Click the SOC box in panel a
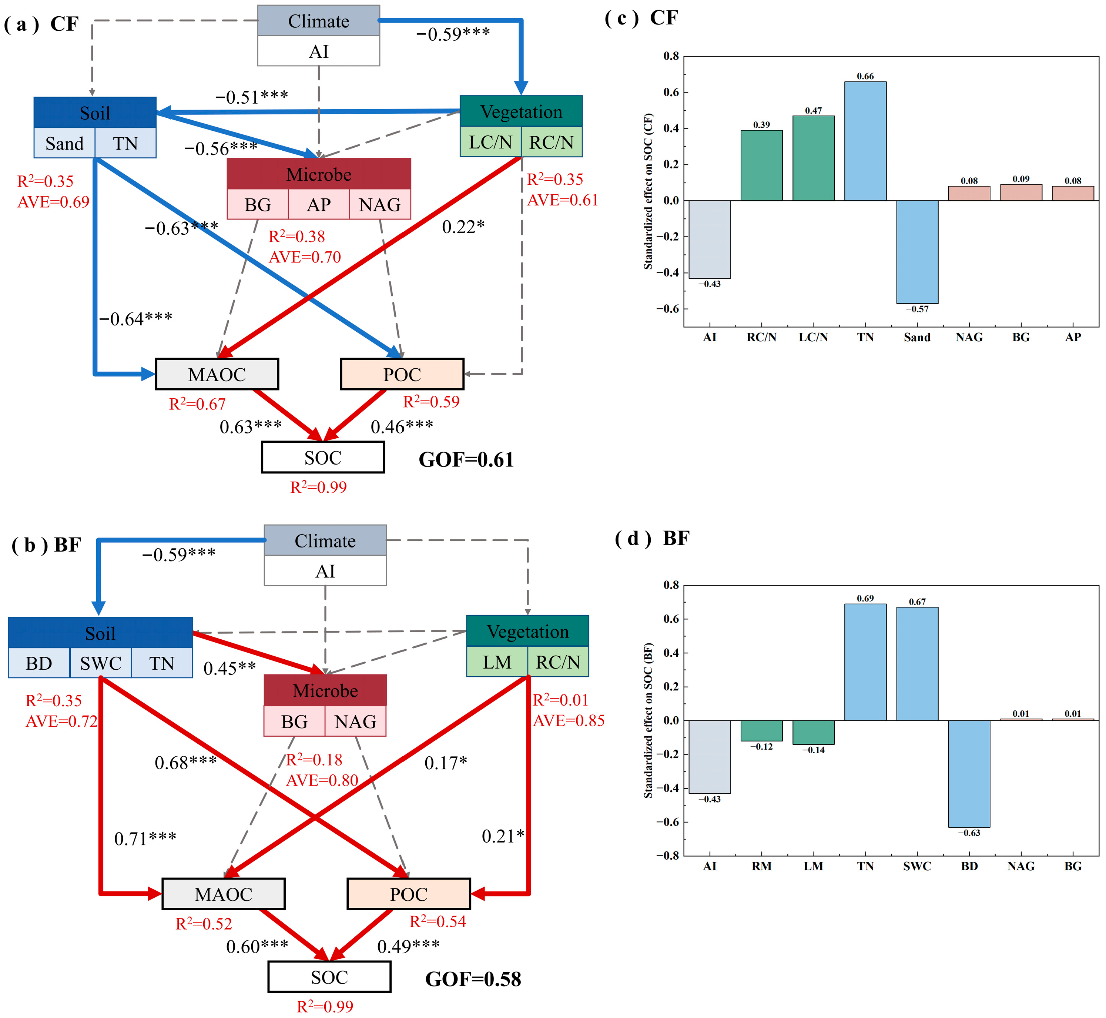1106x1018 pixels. [x=323, y=457]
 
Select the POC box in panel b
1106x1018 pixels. [x=408, y=894]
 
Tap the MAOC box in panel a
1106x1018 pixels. [x=217, y=374]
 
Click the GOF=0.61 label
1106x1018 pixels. [x=466, y=459]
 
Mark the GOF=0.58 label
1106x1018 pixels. [x=473, y=979]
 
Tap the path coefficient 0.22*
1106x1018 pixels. [x=463, y=227]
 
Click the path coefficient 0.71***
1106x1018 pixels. [x=145, y=838]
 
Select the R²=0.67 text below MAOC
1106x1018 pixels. [x=197, y=404]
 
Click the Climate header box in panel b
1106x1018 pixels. [x=325, y=540]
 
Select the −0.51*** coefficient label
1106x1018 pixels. [x=251, y=97]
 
